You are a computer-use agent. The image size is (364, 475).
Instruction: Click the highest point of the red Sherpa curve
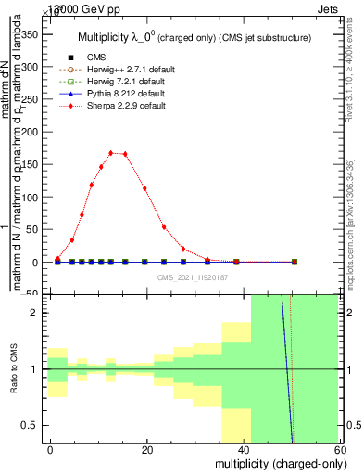pyautogui.click(x=111, y=153)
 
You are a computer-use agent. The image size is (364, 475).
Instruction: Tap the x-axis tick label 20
pyautogui.click(x=147, y=449)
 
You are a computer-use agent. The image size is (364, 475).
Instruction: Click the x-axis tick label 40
pyautogui.click(x=243, y=449)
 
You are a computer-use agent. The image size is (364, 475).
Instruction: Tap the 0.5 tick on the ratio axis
pyautogui.click(x=32, y=426)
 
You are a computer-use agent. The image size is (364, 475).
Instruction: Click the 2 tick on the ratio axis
pyautogui.click(x=37, y=313)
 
